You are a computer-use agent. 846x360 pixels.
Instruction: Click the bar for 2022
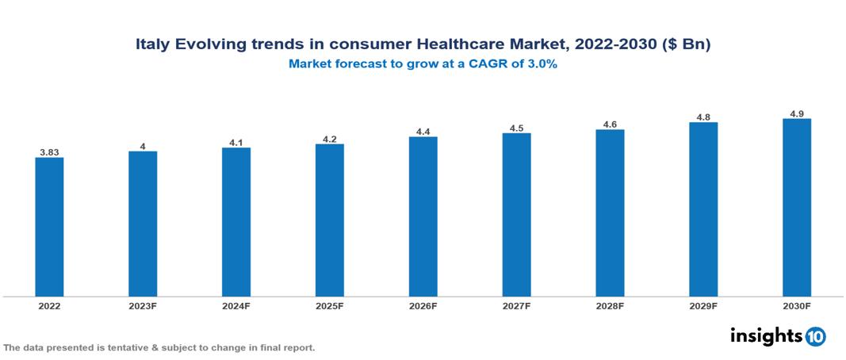point(49,227)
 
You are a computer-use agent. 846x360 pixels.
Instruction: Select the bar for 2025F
point(329,220)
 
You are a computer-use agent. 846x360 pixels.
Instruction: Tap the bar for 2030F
point(796,208)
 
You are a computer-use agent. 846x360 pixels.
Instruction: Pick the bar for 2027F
point(516,215)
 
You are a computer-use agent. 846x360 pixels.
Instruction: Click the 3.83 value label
point(49,151)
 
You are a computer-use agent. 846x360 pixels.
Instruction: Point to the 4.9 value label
point(796,113)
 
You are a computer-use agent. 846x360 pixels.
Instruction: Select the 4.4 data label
point(423,131)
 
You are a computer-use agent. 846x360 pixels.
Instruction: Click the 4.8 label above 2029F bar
point(702,116)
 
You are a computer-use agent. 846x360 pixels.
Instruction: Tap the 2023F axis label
point(143,306)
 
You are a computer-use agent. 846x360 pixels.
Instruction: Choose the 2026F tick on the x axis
point(423,306)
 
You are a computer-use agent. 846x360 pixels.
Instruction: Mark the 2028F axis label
point(610,306)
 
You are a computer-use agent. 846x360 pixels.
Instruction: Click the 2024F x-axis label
point(236,306)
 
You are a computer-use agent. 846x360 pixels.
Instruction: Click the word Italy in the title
point(151,45)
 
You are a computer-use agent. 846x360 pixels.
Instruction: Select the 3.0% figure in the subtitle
point(542,64)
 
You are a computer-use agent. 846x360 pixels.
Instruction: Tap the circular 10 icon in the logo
point(815,336)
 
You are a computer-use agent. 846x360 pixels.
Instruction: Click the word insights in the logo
point(765,335)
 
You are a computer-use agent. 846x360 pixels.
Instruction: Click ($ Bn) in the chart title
point(685,45)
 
